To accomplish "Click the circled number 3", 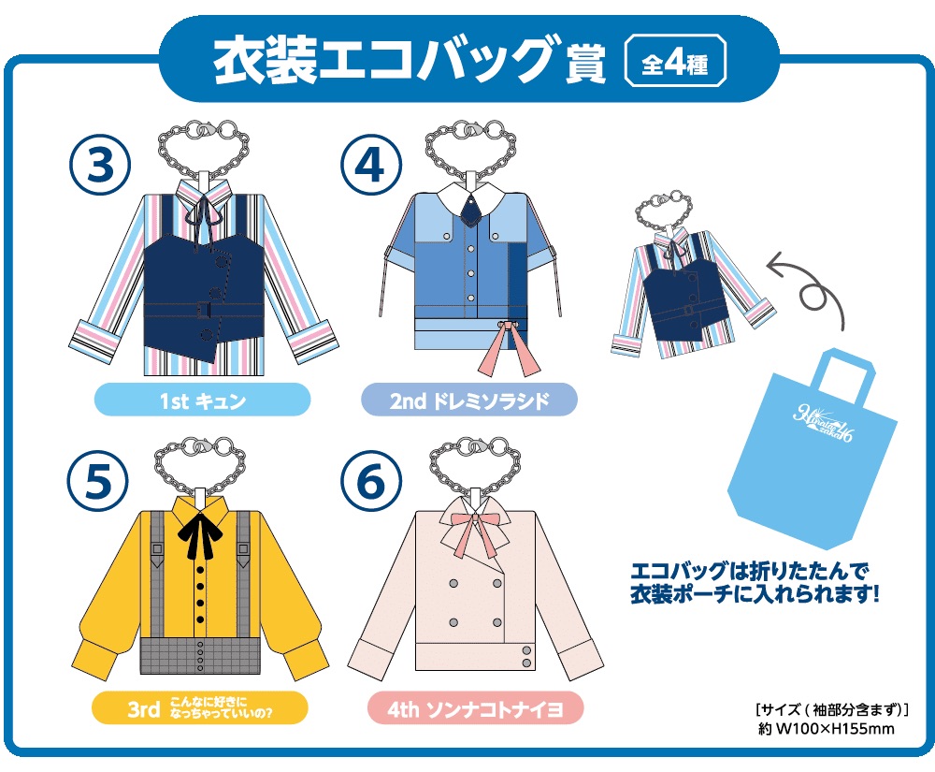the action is pos(100,165).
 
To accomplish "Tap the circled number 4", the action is pos(371,165).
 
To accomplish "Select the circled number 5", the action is pos(98,480).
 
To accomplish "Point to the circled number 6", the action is pos(371,480).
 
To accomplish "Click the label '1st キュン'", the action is pos(203,401).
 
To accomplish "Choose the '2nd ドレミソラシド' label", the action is pos(469,401).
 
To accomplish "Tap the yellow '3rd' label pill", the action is pos(200,708).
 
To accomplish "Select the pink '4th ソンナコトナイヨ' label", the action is pos(475,708).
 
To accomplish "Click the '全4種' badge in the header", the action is pos(675,63).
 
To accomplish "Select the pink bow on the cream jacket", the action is pos(476,528).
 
